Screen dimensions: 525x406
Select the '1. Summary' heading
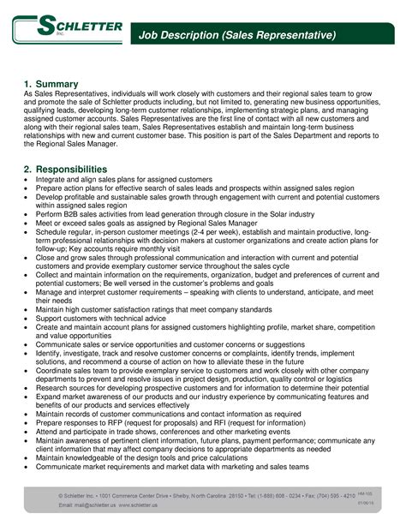(51, 84)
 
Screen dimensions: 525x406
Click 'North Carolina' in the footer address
(194, 494)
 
